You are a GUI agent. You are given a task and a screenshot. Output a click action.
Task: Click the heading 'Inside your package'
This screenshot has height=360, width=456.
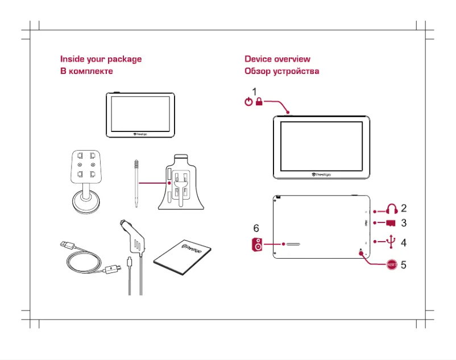click(x=101, y=59)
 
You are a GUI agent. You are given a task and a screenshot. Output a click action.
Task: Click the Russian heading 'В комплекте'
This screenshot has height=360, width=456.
click(x=86, y=71)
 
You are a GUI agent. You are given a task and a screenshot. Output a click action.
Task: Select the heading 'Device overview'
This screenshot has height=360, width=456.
click(x=277, y=59)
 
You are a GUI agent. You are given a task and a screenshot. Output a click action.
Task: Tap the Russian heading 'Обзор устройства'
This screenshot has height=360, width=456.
click(x=281, y=71)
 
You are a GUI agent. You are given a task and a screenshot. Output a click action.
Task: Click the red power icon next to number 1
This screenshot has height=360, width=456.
click(x=247, y=102)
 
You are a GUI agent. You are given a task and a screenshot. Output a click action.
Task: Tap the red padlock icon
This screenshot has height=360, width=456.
click(x=259, y=102)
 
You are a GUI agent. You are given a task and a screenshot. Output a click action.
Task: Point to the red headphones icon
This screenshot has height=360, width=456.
click(x=392, y=209)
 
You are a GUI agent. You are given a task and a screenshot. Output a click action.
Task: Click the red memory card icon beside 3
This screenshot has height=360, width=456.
click(x=391, y=223)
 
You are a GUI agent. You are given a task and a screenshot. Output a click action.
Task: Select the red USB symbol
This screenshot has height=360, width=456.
click(x=391, y=242)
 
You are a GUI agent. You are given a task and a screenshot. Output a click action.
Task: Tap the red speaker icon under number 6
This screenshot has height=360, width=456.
click(x=258, y=245)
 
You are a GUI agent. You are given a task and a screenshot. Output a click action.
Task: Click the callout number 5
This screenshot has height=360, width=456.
click(x=404, y=264)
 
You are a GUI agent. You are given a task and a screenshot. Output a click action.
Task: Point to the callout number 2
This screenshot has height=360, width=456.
click(x=404, y=208)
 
